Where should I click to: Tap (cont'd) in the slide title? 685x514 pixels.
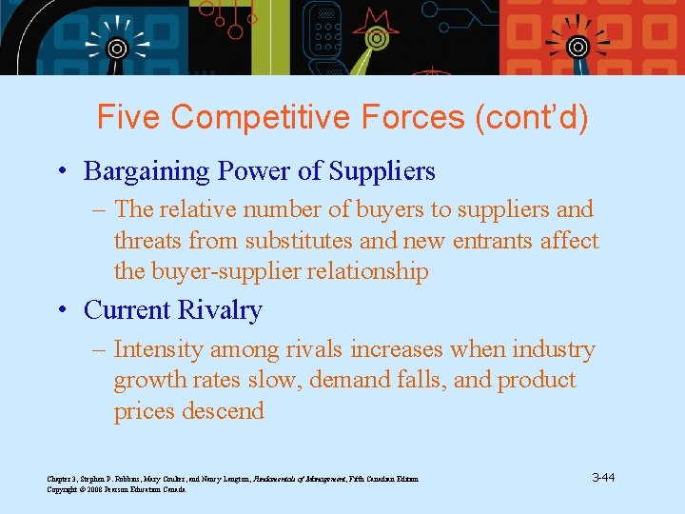point(532,117)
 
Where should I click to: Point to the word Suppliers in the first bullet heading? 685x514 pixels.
point(382,171)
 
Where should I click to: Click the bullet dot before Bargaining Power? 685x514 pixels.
point(62,172)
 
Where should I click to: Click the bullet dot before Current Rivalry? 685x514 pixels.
point(62,311)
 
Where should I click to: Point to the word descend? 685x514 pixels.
point(222,411)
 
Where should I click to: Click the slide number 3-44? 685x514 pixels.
point(602,477)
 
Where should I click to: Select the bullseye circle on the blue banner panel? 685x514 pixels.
point(116,48)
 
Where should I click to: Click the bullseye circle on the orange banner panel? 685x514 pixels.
point(577,47)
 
